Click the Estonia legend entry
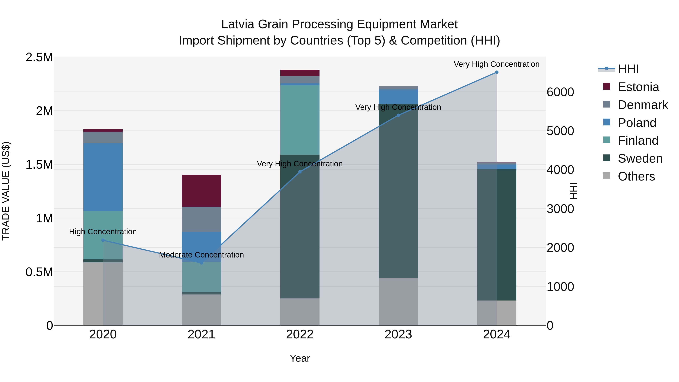[638, 87]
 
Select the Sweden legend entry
[640, 158]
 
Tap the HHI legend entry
[628, 69]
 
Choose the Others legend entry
[636, 176]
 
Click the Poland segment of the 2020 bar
[103, 177]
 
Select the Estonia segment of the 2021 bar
[201, 191]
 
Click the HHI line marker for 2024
[497, 72]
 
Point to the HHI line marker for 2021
[201, 263]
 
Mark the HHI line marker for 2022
[300, 172]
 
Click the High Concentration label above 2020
[103, 232]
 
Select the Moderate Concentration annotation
[201, 255]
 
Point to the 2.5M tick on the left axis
[39, 58]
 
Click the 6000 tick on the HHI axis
[560, 92]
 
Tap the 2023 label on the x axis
[398, 334]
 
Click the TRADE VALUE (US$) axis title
[6, 191]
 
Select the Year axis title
[300, 358]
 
